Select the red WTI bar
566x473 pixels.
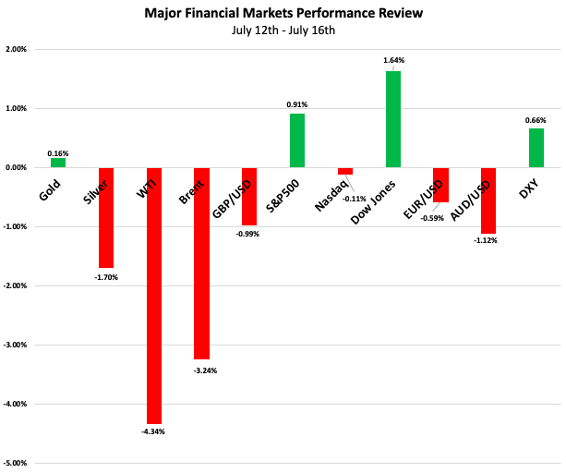point(153,296)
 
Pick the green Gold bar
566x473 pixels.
point(58,163)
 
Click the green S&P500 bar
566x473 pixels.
point(297,140)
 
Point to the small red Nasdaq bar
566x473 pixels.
point(345,171)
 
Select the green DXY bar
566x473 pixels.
point(536,148)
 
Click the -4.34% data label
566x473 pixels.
point(153,431)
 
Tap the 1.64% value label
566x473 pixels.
point(394,61)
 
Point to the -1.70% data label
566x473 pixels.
point(106,276)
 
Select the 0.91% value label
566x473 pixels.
point(297,104)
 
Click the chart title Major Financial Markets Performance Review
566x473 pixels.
point(283,14)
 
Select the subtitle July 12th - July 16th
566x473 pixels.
point(283,30)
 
